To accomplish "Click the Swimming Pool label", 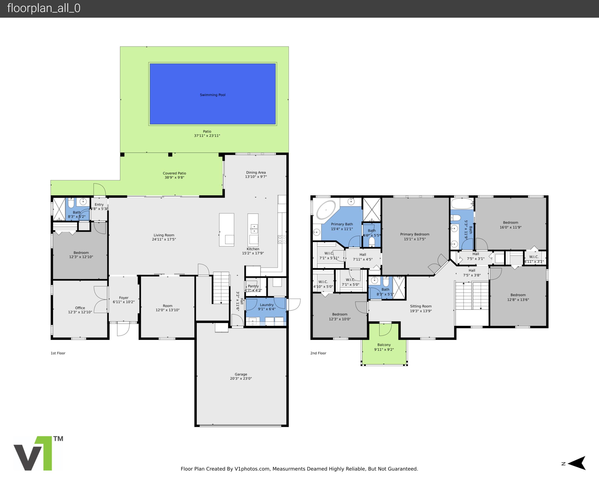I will (213, 95).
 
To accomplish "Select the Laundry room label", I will (267, 305).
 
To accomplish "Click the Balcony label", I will (384, 345).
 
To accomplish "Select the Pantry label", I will (253, 286).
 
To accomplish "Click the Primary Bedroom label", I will (415, 234).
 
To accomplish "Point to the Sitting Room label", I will (421, 306).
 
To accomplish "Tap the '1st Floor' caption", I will (58, 353).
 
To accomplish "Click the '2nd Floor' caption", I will (318, 353).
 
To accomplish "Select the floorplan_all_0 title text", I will (44, 8).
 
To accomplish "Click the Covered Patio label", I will (174, 173).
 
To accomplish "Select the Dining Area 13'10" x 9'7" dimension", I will (256, 177).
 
